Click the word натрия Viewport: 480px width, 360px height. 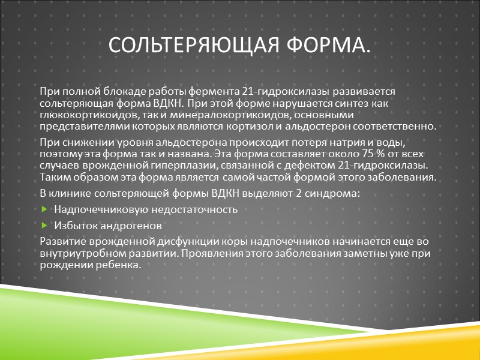point(333,141)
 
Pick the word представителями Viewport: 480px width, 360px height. point(79,127)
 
